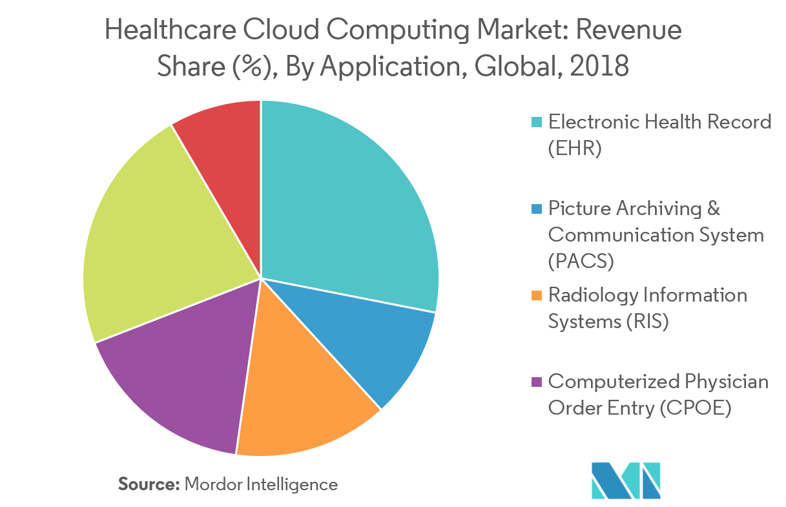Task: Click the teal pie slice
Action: coord(349,207)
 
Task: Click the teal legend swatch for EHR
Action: coord(536,122)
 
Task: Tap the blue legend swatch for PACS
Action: coord(536,209)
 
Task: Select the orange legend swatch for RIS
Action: coord(536,296)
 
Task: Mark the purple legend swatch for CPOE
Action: coord(536,382)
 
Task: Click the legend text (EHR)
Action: coord(575,149)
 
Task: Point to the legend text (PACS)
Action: coord(581,262)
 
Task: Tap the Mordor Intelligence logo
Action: coord(625,480)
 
